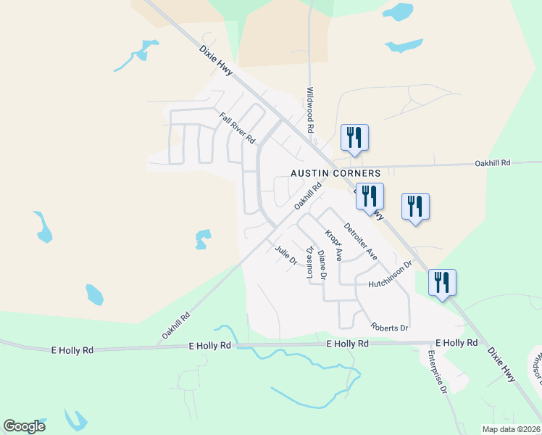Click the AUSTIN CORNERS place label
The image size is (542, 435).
(335, 173)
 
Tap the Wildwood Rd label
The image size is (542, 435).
(310, 109)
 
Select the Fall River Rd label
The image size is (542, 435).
(238, 127)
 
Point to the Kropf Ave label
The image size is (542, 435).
(333, 246)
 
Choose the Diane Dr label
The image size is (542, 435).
(322, 266)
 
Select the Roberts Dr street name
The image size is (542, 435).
(390, 328)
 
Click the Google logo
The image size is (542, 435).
(24, 426)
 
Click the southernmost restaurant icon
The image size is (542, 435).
(442, 283)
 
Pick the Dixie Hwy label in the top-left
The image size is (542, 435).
(217, 62)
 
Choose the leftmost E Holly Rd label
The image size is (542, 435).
(72, 349)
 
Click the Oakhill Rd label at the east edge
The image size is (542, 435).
(493, 163)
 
